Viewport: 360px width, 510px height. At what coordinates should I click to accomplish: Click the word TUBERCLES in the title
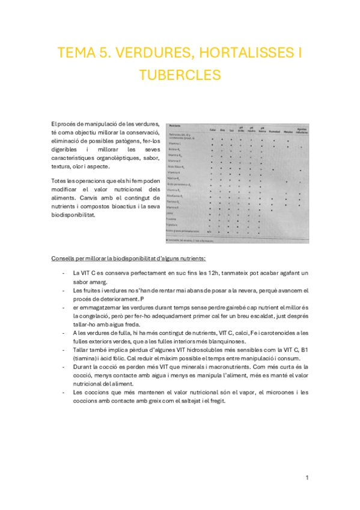[x=180, y=75]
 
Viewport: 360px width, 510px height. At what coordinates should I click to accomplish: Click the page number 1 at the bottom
[x=307, y=478]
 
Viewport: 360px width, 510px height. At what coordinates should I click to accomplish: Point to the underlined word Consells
[x=64, y=259]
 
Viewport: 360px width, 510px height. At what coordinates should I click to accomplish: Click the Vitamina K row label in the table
[x=175, y=172]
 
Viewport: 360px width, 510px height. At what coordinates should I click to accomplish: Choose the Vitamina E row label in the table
[x=174, y=207]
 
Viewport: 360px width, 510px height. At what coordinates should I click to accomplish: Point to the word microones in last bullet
[x=263, y=392]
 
